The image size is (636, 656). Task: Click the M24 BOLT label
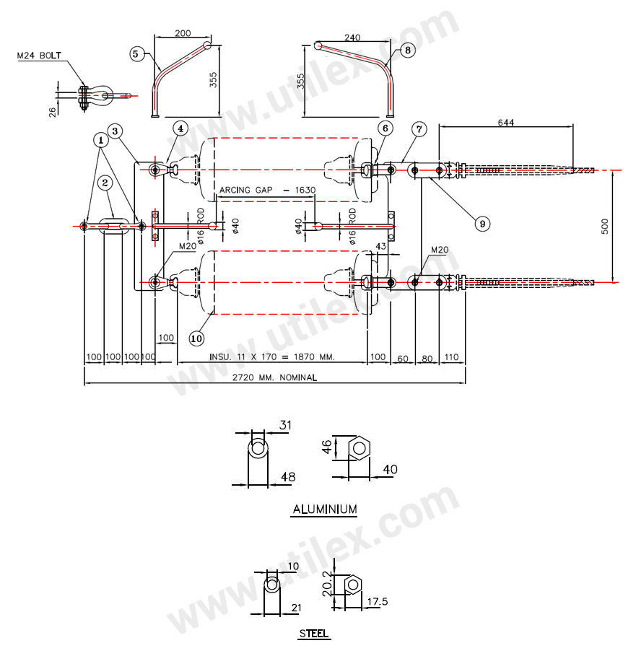(x=40, y=56)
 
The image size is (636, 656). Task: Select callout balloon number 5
(x=137, y=53)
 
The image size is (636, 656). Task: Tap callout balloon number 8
(x=408, y=51)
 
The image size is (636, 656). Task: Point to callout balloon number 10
(x=196, y=337)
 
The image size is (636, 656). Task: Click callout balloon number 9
(x=482, y=223)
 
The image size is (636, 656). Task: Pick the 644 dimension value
(x=505, y=123)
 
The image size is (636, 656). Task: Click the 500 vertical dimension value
(x=604, y=225)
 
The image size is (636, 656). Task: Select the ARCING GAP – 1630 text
(x=268, y=190)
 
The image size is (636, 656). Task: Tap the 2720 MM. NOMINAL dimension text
(x=274, y=377)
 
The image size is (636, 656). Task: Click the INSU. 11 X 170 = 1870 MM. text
(x=272, y=357)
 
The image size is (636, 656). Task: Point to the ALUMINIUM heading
(x=324, y=510)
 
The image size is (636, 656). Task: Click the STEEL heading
(x=314, y=634)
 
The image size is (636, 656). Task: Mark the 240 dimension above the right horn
(x=352, y=38)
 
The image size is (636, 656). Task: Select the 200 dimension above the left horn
(x=183, y=33)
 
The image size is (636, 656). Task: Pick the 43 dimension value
(x=380, y=248)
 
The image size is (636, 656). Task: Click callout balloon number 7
(x=419, y=129)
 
